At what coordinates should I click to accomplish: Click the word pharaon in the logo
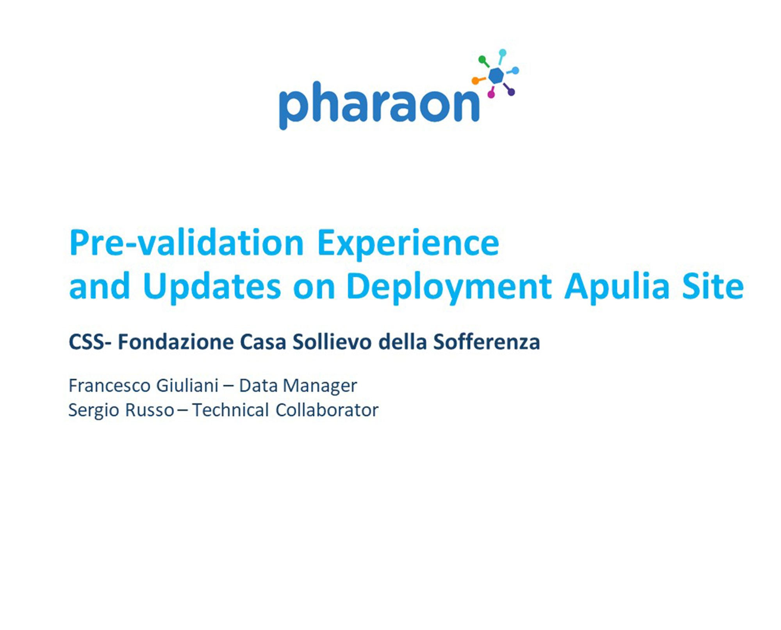tap(379, 105)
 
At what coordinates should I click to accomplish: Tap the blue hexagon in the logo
tap(496, 75)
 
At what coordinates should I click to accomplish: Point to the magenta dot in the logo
tap(491, 94)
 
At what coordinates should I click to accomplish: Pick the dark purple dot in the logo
tap(511, 92)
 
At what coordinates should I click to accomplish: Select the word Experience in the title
tap(408, 244)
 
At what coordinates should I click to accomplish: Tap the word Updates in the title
tap(212, 287)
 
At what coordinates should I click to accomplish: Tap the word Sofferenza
tap(487, 342)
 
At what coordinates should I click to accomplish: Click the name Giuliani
tap(187, 385)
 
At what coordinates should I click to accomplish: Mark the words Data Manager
tap(298, 386)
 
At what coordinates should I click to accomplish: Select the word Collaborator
tap(327, 410)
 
